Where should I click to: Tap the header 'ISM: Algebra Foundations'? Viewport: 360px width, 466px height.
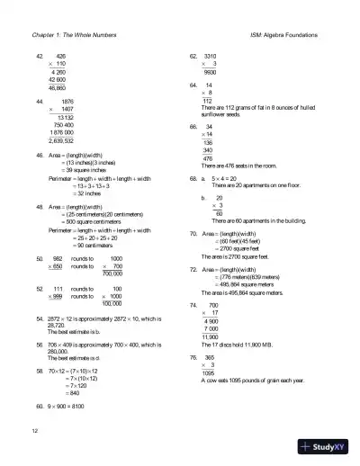click(x=290, y=35)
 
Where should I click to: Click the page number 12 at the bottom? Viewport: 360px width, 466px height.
click(x=33, y=433)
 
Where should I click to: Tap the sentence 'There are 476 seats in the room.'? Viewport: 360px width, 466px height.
click(x=233, y=167)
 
